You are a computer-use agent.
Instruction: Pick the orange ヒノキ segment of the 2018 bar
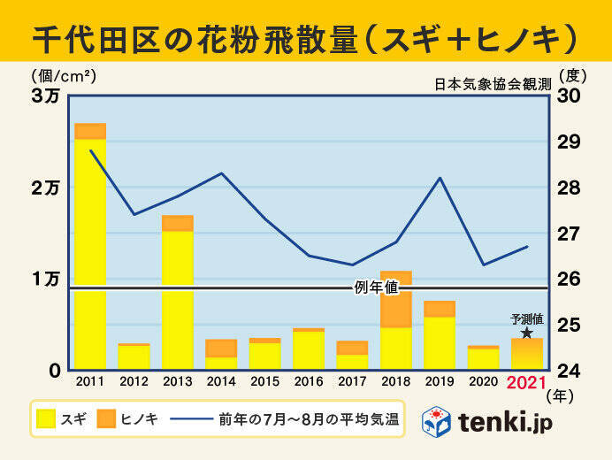point(395,299)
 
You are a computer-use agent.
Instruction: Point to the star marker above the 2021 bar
point(527,333)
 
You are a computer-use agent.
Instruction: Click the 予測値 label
point(526,318)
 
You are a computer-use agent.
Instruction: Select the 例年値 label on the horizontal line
point(377,287)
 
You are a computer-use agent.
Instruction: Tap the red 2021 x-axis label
point(527,383)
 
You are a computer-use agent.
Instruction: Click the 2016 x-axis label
point(308,383)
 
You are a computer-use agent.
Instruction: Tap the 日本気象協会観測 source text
point(493,85)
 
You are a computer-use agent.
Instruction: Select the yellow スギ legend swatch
point(47,419)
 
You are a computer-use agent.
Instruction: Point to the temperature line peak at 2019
point(440,179)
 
